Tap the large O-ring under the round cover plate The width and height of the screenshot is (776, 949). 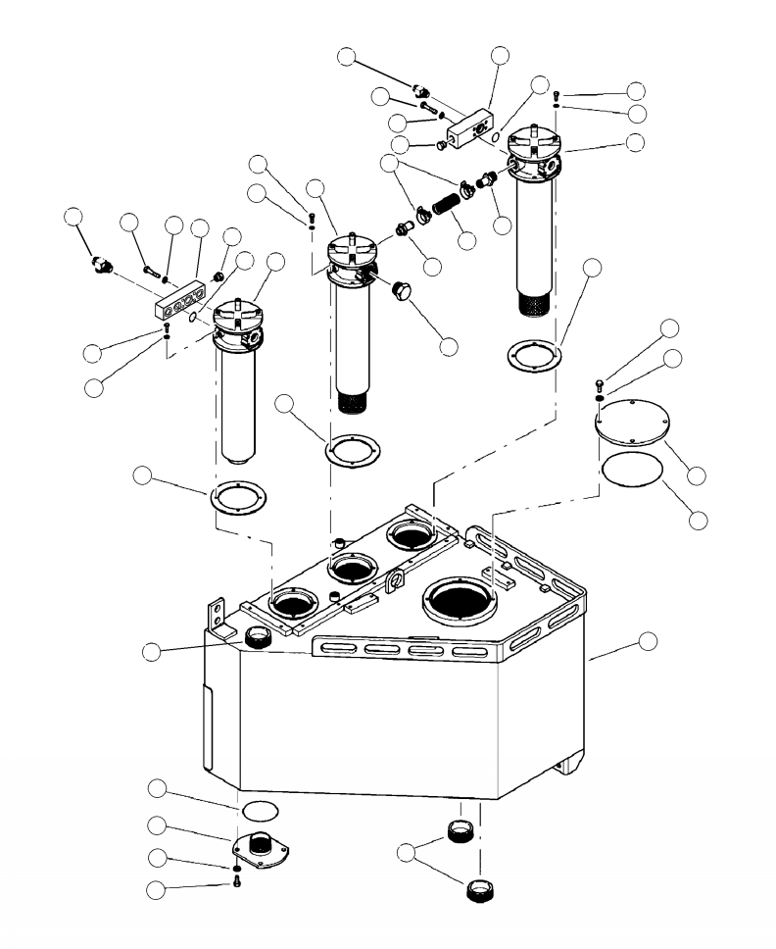631,469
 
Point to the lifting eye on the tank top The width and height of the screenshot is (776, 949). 397,582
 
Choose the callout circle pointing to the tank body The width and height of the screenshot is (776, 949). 648,641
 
